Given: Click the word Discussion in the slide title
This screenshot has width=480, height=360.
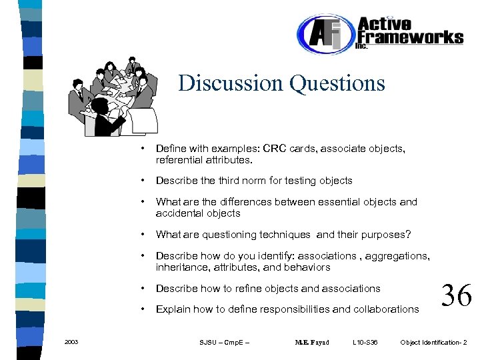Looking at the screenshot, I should click(231, 83).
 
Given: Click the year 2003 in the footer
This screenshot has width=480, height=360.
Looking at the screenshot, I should click(71, 342).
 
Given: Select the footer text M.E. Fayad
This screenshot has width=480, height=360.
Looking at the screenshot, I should click(311, 343).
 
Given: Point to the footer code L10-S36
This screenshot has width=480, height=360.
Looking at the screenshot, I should click(365, 343).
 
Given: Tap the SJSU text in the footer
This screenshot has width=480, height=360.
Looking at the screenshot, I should click(208, 343).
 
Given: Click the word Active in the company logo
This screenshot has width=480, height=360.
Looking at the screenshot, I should click(385, 23).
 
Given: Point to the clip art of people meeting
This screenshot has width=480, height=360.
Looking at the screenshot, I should click(113, 96).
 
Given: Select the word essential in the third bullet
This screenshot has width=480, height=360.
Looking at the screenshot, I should click(335, 202).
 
